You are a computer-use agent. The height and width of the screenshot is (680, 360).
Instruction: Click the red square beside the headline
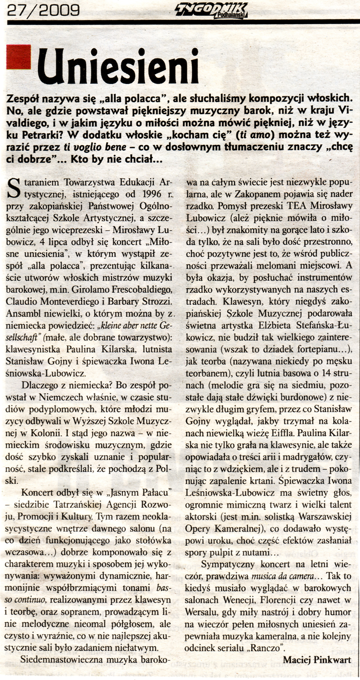[x=19, y=57]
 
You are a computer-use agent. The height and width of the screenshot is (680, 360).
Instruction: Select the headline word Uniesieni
[x=120, y=65]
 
